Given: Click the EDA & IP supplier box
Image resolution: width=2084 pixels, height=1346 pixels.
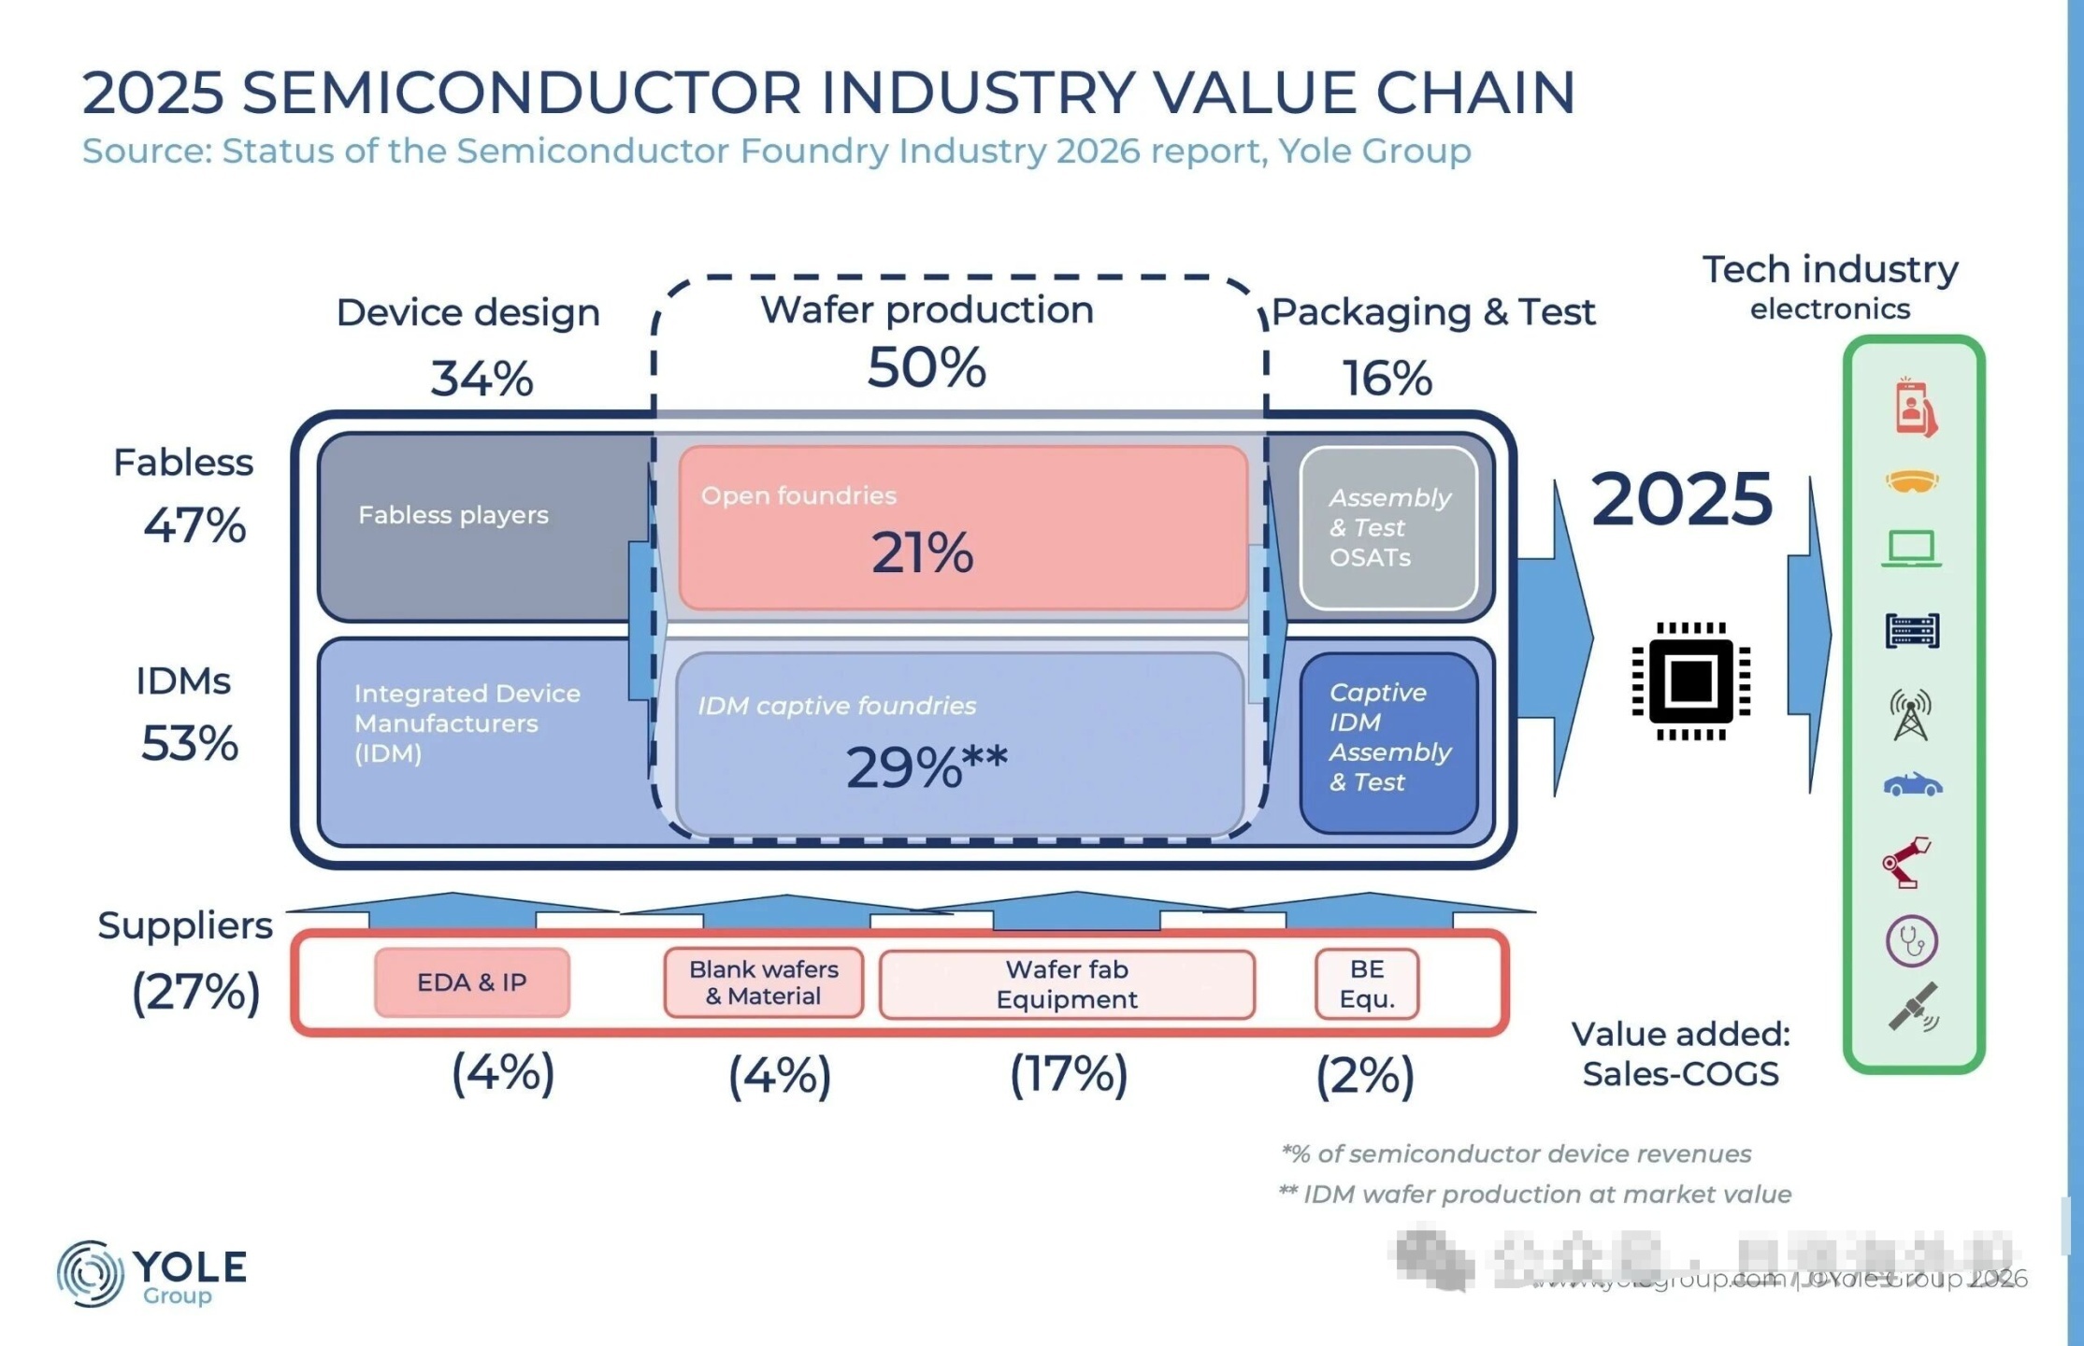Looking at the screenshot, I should tap(472, 982).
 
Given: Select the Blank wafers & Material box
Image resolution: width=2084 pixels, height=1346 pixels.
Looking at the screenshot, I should tap(763, 982).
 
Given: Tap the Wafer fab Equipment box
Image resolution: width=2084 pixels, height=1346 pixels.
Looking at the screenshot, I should tap(1067, 984).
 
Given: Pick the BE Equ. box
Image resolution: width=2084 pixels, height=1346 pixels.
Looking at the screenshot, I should tap(1367, 984).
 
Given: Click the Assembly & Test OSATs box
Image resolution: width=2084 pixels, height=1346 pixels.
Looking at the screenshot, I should tap(1388, 528).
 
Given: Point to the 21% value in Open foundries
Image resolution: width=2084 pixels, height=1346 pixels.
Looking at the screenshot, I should tap(923, 552).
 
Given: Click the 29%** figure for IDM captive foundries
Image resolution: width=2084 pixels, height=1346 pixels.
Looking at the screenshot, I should tap(926, 767).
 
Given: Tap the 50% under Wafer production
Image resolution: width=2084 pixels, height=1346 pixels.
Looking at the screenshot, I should tap(927, 367).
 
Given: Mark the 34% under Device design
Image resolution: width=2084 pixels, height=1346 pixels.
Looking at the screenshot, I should tap(481, 379).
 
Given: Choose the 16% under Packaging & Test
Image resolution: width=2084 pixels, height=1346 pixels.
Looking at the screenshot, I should tap(1387, 379).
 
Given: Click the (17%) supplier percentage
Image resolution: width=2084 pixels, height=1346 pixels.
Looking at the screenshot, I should tap(1069, 1074).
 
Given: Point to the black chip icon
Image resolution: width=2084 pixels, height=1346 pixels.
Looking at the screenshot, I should tap(1690, 680).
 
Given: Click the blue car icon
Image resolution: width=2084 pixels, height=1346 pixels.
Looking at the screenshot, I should tap(1912, 784).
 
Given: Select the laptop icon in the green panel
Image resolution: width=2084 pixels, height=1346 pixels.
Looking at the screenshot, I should tap(1912, 549).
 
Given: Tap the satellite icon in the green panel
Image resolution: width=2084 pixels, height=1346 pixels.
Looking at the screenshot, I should tap(1913, 1008).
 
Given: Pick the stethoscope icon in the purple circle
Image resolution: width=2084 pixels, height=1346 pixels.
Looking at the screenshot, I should tap(1912, 940).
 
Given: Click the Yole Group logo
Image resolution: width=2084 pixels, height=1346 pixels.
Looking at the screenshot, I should tap(151, 1273).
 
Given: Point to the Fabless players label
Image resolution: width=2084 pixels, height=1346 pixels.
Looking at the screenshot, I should tap(453, 515).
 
